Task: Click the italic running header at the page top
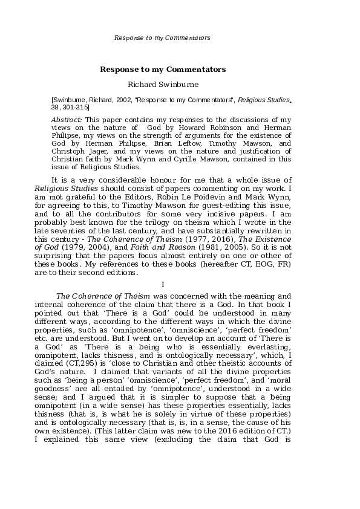[162, 37]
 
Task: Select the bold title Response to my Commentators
[162, 70]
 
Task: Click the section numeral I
[162, 284]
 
